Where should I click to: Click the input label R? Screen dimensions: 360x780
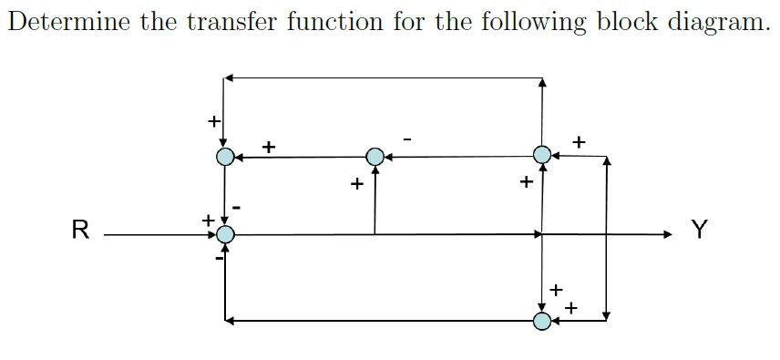pyautogui.click(x=80, y=230)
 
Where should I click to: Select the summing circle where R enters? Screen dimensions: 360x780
pyautogui.click(x=225, y=235)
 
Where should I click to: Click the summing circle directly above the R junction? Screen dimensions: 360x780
pyautogui.click(x=225, y=157)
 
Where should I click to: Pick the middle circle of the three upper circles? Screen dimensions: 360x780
pyautogui.click(x=375, y=157)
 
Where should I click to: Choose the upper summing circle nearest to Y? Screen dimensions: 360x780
pyautogui.click(x=542, y=155)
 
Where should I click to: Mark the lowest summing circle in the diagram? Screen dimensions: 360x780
pyautogui.click(x=542, y=320)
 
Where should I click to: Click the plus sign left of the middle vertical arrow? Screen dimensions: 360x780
pyautogui.click(x=357, y=185)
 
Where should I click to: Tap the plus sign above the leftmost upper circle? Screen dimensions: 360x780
pyautogui.click(x=213, y=119)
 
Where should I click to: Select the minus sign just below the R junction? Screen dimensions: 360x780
pyautogui.click(x=219, y=258)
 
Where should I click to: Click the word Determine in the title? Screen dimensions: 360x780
pyautogui.click(x=68, y=22)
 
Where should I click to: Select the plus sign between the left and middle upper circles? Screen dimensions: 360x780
pyautogui.click(x=269, y=146)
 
